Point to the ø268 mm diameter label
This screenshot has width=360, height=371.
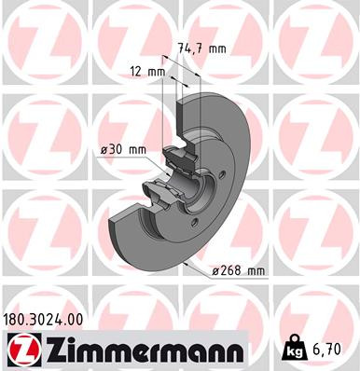239,270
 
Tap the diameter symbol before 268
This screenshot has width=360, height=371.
215,270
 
